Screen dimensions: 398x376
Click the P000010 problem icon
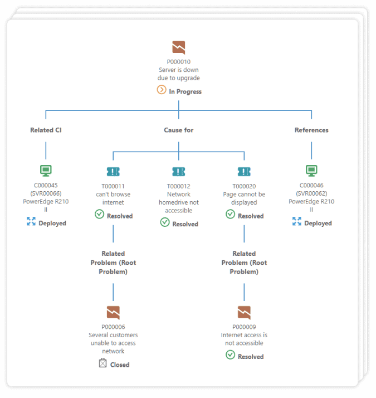coord(179,47)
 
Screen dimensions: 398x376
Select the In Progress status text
coord(185,91)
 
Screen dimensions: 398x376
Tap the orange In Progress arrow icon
coord(162,90)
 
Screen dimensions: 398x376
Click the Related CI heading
coord(46,130)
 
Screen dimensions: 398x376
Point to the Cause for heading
coord(179,130)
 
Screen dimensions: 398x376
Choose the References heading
coord(311,130)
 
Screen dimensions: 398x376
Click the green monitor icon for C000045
coord(46,171)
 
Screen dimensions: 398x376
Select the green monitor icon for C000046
coord(311,171)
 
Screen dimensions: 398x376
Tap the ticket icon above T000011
coord(113,171)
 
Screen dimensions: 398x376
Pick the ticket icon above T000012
coord(179,171)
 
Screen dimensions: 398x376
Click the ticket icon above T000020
coord(244,171)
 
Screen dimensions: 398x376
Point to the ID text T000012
coord(179,186)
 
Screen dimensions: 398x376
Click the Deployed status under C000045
coord(52,223)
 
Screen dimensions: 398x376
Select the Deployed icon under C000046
coord(297,222)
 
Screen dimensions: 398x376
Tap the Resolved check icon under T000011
coord(100,214)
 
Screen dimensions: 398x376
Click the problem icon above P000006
coord(113,312)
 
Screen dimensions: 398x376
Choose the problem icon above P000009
coord(244,312)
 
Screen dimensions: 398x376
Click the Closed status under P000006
coord(119,365)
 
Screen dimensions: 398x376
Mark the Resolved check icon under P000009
coord(231,355)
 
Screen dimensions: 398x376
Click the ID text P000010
coord(179,62)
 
